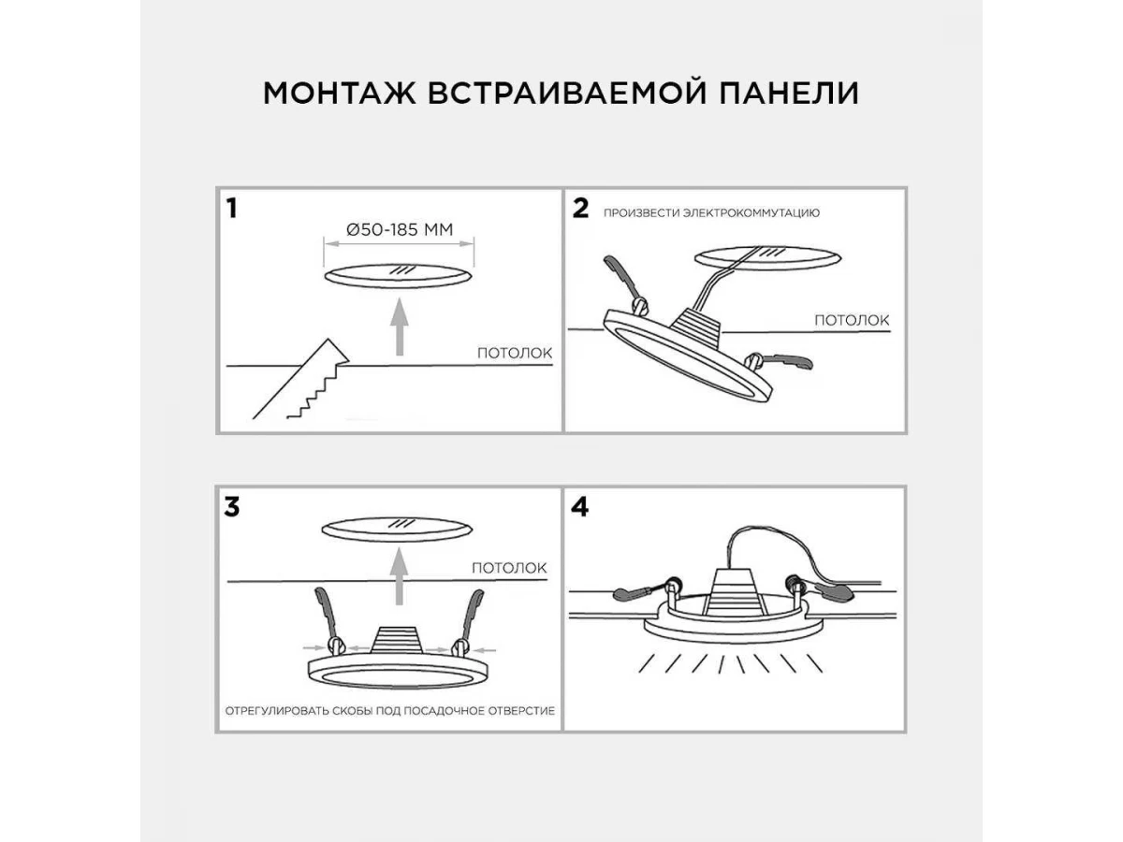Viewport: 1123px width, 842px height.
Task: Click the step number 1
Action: click(x=231, y=209)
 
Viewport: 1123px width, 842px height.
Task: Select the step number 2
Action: click(x=581, y=209)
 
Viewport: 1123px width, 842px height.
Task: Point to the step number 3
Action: click(x=232, y=507)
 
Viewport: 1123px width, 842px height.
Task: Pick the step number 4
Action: click(x=581, y=507)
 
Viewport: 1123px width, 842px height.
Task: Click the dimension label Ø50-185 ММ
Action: click(x=399, y=228)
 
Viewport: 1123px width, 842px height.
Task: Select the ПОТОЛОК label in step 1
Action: click(x=515, y=354)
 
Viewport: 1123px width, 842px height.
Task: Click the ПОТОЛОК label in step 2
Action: click(x=852, y=320)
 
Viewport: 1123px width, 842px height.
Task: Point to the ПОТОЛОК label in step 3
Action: click(x=509, y=568)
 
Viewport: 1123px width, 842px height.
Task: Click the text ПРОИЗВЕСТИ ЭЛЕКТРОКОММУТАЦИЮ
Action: click(x=711, y=212)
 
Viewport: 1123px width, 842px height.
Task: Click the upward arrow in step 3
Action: click(x=400, y=577)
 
